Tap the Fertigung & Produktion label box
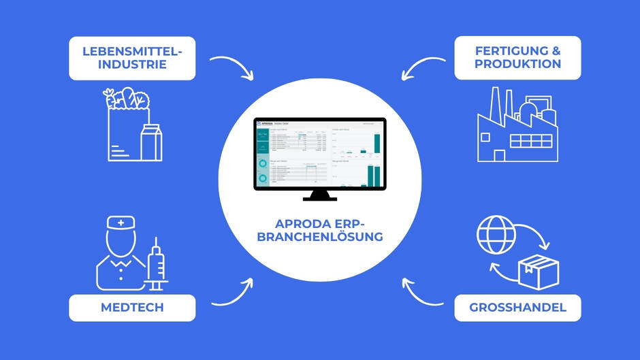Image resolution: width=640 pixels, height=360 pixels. coord(517,58)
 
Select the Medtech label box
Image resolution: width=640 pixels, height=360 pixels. coord(132,308)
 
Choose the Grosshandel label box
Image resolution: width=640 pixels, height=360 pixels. coord(517,308)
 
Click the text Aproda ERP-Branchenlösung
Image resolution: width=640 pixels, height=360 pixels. coord(320,230)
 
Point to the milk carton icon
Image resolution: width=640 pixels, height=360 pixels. coord(151,143)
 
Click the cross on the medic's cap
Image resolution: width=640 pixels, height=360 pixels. coord(121,223)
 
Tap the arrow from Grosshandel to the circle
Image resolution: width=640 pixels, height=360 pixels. coord(422,291)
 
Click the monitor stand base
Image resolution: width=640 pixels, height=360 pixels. coord(320,199)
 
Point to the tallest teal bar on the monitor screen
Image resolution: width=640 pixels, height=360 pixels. coord(377,144)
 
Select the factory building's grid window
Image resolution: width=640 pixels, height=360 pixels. coord(532,142)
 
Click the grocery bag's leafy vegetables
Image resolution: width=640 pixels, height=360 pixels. coord(124,99)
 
